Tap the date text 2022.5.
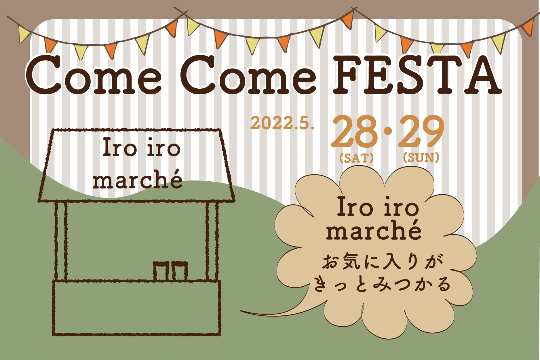pyautogui.click(x=282, y=123)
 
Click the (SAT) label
pyautogui.click(x=356, y=158)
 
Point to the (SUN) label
pyautogui.click(x=421, y=157)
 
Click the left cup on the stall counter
pyautogui.click(x=160, y=271)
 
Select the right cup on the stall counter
pyautogui.click(x=180, y=271)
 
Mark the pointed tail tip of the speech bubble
pyautogui.click(x=241, y=311)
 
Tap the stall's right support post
pyautogui.click(x=212, y=241)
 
